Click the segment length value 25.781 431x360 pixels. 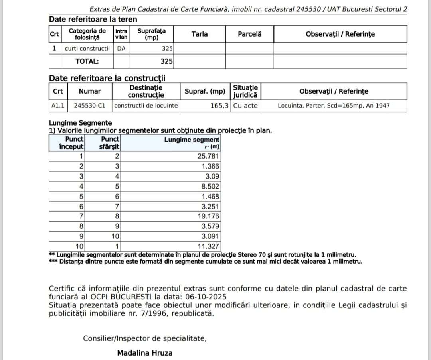(209, 156)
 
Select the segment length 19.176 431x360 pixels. (209, 216)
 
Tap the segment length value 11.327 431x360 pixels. (209, 246)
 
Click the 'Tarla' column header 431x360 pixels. (200, 34)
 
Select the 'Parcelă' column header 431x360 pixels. (249, 34)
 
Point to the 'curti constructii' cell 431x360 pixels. (87, 49)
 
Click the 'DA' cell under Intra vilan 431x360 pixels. (121, 49)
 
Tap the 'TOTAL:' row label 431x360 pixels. (87, 61)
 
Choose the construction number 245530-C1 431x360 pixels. (89, 106)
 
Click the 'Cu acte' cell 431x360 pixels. (245, 106)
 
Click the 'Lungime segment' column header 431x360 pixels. (192, 140)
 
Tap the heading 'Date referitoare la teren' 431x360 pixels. (93, 19)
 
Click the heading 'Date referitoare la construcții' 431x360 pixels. (107, 78)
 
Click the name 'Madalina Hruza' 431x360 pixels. (145, 353)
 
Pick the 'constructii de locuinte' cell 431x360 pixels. (146, 106)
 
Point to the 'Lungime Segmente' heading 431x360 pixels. (80, 123)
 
